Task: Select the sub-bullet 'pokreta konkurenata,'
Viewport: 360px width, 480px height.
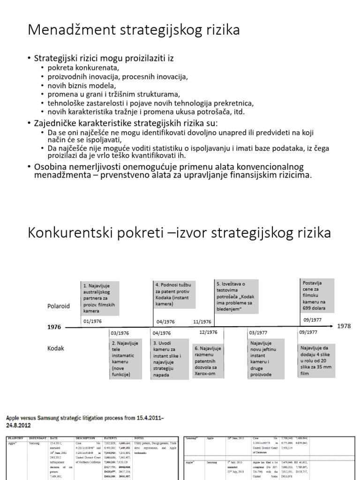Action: (x=80, y=68)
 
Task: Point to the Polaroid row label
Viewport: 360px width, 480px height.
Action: (x=59, y=306)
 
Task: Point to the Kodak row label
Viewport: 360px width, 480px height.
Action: (x=55, y=348)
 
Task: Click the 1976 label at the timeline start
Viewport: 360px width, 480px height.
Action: (x=54, y=327)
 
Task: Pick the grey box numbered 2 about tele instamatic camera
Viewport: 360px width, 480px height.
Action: (x=125, y=359)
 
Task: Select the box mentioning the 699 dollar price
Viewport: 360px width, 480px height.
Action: (x=317, y=296)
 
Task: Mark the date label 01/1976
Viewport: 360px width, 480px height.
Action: (x=93, y=322)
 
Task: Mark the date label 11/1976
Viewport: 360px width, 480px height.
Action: (x=202, y=322)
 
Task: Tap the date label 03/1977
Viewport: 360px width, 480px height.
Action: (x=259, y=332)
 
